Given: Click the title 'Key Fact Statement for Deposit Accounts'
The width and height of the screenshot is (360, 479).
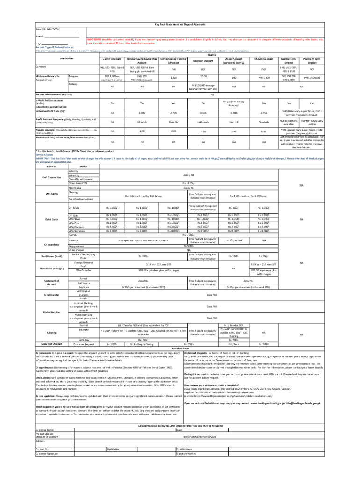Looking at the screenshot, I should (180, 25).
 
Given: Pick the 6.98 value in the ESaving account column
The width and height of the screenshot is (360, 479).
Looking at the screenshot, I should (263, 131).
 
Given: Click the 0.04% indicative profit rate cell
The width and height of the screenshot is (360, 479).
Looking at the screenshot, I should (203, 113).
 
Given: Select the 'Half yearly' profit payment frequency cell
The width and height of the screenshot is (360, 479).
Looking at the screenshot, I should (203, 122).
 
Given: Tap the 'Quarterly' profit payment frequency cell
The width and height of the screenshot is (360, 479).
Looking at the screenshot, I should (263, 122).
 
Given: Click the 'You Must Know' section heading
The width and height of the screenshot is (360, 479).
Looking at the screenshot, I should (180, 348).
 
